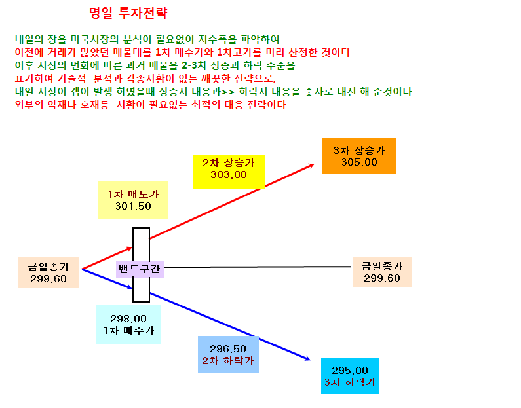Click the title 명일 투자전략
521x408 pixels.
tap(128, 13)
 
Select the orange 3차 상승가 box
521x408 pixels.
tap(359, 156)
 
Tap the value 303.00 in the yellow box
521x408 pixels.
tap(229, 175)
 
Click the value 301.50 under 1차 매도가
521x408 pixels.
tap(133, 206)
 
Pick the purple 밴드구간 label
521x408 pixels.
tap(140, 269)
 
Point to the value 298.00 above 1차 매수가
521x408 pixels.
tap(128, 319)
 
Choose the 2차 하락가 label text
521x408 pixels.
tap(228, 361)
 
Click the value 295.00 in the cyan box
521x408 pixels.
tap(350, 370)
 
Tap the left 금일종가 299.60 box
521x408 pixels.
tap(48, 272)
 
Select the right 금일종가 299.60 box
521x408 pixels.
tap(382, 272)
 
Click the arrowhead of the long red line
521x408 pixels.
tap(313, 165)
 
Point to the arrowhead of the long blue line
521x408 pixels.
tap(308, 358)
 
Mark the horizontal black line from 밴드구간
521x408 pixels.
tap(258, 267)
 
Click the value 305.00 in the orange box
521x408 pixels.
tap(359, 162)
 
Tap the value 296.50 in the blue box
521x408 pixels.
tap(228, 348)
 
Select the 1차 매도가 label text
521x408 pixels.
tap(133, 195)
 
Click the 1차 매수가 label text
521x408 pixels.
tap(128, 330)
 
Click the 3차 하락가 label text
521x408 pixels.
tap(350, 382)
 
